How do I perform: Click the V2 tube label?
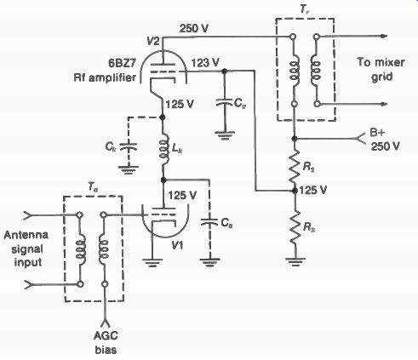click(x=153, y=42)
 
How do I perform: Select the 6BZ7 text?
click(x=123, y=63)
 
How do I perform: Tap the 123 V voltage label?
click(x=205, y=63)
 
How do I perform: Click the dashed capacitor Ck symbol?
click(x=129, y=147)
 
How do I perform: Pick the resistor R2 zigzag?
click(x=295, y=167)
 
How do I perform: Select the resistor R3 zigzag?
click(x=295, y=227)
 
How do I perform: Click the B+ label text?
click(x=378, y=134)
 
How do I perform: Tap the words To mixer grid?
click(x=381, y=70)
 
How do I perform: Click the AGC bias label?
click(x=106, y=343)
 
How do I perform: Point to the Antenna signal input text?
click(x=26, y=249)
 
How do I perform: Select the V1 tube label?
click(x=177, y=245)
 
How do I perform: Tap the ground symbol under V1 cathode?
click(x=152, y=262)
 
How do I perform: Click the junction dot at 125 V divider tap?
click(x=295, y=191)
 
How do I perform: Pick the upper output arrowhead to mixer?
click(x=384, y=36)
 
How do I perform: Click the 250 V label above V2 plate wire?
click(x=194, y=28)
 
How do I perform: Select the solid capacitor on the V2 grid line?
click(x=225, y=102)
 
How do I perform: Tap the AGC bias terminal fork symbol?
click(x=105, y=323)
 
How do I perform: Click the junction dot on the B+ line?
click(x=295, y=139)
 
